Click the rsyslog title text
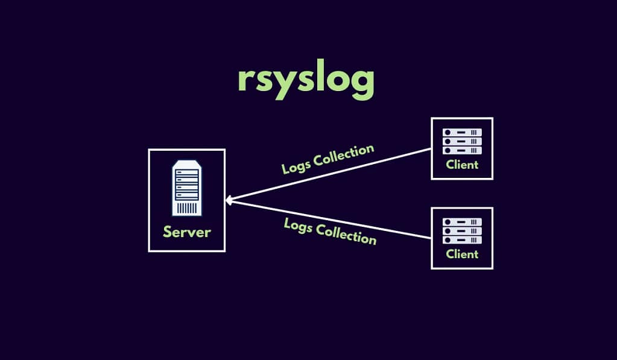pyautogui.click(x=306, y=82)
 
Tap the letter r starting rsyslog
pyautogui.click(x=245, y=82)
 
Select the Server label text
pyautogui.click(x=187, y=232)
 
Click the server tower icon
pyautogui.click(x=187, y=188)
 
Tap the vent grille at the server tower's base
pyautogui.click(x=188, y=209)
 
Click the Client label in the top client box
pyautogui.click(x=462, y=164)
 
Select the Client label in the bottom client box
pyautogui.click(x=462, y=254)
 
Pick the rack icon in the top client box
pyautogui.click(x=462, y=141)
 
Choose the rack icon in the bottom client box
pyautogui.click(x=462, y=231)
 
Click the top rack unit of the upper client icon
pyautogui.click(x=462, y=132)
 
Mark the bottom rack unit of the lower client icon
pyautogui.click(x=462, y=240)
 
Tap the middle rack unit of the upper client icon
pyautogui.click(x=462, y=141)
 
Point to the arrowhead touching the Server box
pyautogui.click(x=229, y=200)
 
